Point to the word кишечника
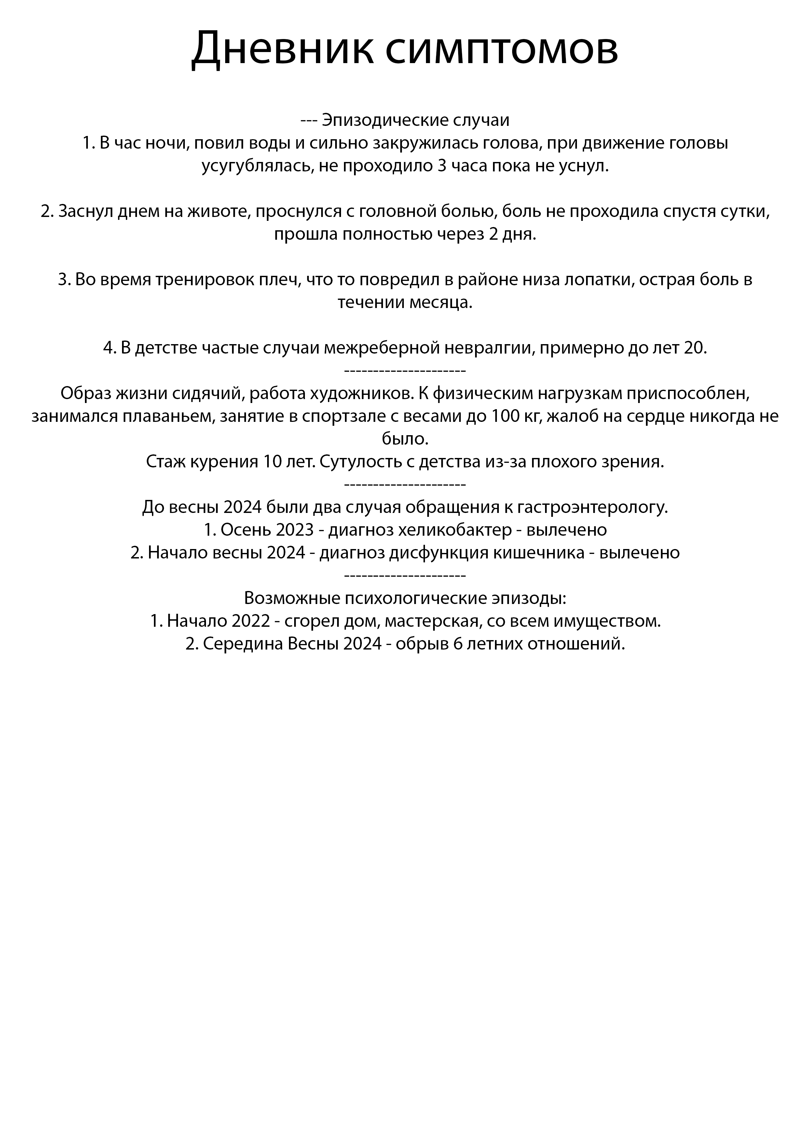(542, 553)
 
